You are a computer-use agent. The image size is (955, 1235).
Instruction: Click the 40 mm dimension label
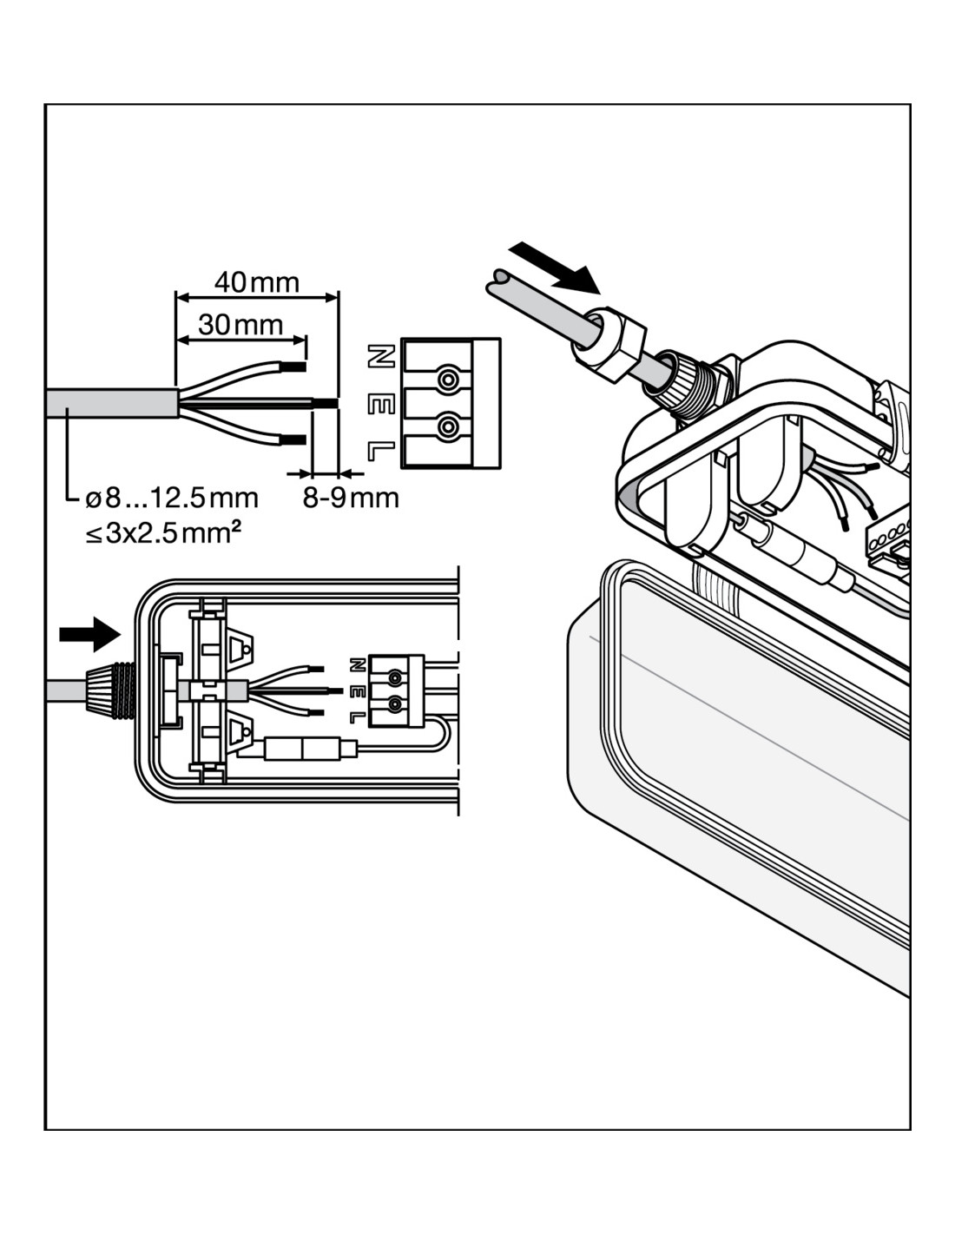(256, 281)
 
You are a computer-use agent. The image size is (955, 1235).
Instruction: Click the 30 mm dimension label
(240, 325)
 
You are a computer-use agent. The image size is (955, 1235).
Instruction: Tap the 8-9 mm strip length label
(351, 498)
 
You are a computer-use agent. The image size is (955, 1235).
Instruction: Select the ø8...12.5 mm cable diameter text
(172, 498)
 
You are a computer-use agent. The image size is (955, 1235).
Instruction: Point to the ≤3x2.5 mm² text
(162, 532)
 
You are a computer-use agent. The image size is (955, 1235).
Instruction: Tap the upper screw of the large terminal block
(448, 380)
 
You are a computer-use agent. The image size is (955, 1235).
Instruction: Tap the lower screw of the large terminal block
(448, 426)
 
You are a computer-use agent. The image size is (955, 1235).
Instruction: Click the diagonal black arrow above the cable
(556, 267)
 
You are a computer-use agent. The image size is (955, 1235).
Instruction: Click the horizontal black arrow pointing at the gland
(89, 634)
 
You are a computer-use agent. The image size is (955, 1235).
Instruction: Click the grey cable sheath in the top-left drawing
(113, 403)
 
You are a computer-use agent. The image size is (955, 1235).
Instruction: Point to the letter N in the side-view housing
(355, 665)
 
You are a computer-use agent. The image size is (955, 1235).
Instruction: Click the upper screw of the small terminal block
(396, 677)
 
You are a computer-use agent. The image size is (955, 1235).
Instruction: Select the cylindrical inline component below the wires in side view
(300, 749)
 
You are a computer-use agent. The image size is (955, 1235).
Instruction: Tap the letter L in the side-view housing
(355, 717)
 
